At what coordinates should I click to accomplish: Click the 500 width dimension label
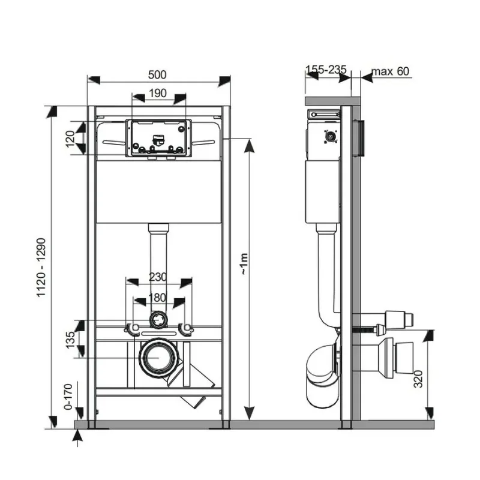coord(157,74)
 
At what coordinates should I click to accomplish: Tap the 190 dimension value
coord(158,93)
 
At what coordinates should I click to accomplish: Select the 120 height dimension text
coord(70,139)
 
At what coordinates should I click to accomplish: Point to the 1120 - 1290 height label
coord(41,267)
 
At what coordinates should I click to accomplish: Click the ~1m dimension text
coord(244,263)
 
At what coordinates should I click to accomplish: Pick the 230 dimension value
coord(158,277)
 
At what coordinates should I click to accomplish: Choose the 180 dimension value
coord(157,298)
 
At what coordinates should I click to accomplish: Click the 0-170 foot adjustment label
coord(68,397)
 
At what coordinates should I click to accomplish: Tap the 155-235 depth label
coord(326,70)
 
